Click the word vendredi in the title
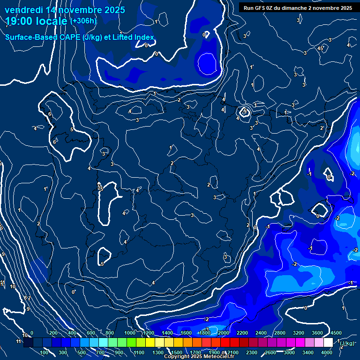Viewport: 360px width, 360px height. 24,10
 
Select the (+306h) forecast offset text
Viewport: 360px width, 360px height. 83,21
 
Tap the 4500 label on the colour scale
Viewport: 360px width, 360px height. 336,333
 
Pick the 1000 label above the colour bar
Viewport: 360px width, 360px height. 130,333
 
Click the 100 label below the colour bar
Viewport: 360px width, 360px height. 45,352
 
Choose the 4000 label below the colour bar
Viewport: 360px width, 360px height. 327,352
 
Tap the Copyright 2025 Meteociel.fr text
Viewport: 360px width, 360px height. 199,357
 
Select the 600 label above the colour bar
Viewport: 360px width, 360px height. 91,333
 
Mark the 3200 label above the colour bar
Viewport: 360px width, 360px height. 299,333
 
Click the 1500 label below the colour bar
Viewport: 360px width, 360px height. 177,352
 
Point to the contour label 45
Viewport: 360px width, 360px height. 321,48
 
